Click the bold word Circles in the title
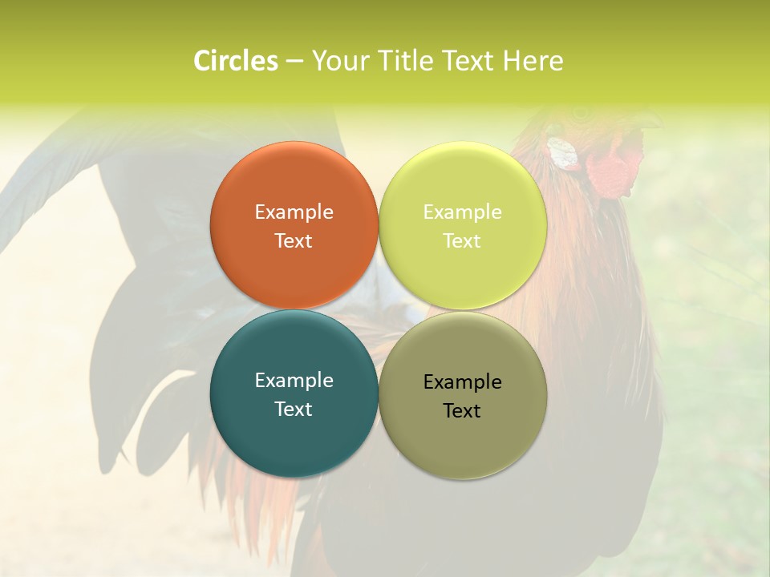[x=236, y=61]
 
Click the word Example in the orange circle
[x=294, y=212]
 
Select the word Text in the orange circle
[x=294, y=241]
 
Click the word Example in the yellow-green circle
[x=462, y=212]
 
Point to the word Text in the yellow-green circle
[x=462, y=241]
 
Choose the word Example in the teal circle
[x=294, y=381]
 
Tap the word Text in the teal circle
[x=294, y=410]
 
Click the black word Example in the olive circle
[x=462, y=382]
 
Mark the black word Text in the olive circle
[x=462, y=411]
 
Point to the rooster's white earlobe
[x=564, y=154]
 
